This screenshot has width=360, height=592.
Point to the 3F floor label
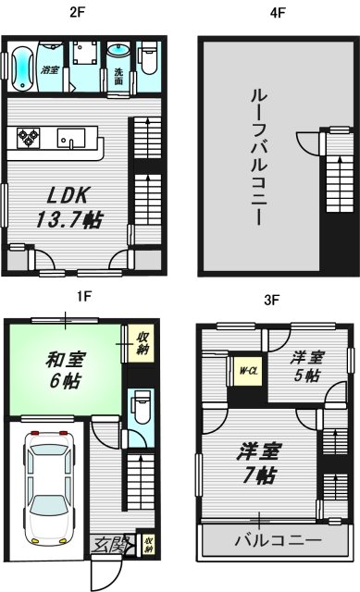click(x=271, y=300)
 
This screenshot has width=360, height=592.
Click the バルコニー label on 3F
click(x=278, y=540)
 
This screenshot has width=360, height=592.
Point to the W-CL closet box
click(x=247, y=373)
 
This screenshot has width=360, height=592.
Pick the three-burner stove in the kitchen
click(x=30, y=139)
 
